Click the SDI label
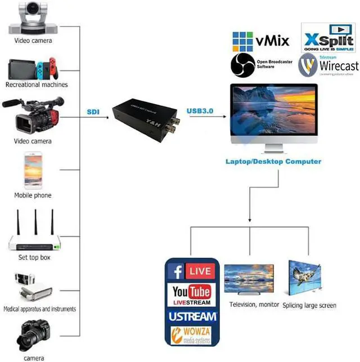pos(93,111)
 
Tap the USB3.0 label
pos(200,111)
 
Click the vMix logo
pos(260,41)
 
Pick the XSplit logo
pos(328,38)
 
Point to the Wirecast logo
pos(328,65)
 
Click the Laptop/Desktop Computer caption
pos(273,162)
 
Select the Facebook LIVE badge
pos(192,272)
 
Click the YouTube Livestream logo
pos(192,294)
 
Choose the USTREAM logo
pos(192,316)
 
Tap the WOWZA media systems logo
pos(192,334)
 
